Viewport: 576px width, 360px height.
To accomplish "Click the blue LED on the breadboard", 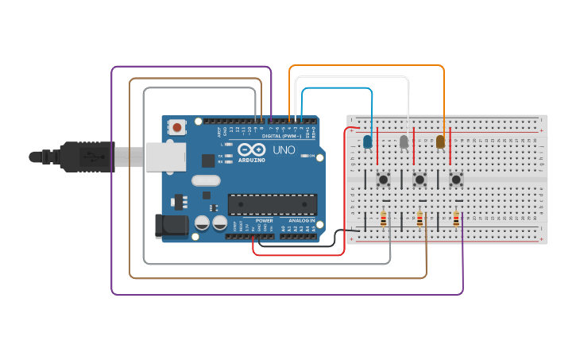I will coord(367,141).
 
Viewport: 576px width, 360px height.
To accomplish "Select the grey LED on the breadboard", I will coord(404,141).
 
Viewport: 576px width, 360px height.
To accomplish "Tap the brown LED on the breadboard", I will coord(440,141).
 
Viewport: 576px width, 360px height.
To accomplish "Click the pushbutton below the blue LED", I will coord(383,179).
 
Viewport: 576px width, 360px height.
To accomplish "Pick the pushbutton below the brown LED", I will coord(456,179).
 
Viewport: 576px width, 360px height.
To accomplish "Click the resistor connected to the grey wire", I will coord(384,219).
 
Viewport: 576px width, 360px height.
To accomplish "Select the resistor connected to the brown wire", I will coord(419,219).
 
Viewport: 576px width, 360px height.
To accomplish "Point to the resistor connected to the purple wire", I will coord(456,219).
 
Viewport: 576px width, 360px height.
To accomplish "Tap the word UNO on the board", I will coord(284,149).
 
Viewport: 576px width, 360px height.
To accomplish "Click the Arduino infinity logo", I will coord(251,149).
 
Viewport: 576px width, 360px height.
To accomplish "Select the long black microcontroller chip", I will coord(272,204).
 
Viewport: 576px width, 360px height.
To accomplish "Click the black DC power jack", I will coord(172,226).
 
